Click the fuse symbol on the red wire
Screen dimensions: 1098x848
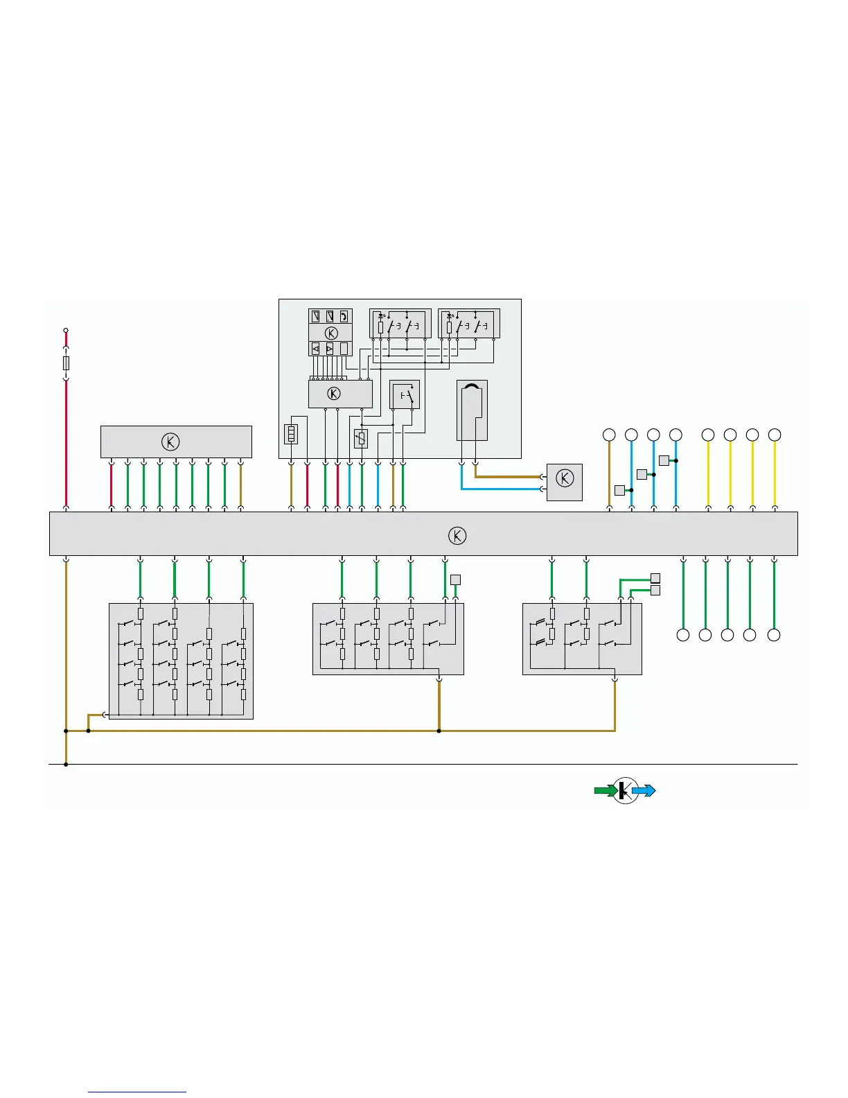[x=66, y=363]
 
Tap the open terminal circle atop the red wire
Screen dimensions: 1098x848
[x=66, y=331]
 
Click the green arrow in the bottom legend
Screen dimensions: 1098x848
[x=606, y=790]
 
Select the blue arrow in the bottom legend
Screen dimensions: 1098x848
[x=644, y=790]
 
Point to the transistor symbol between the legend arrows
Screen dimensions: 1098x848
[x=625, y=790]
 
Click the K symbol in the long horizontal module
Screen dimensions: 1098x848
[x=457, y=535]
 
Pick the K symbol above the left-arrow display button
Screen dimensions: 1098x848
[x=331, y=333]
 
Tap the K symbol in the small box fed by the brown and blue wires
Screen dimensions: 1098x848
[x=565, y=478]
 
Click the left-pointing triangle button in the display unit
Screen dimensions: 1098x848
[x=316, y=349]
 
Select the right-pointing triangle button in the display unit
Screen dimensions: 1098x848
[x=330, y=349]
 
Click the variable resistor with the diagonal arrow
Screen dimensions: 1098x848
[x=360, y=438]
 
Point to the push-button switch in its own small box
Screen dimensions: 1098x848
[x=405, y=395]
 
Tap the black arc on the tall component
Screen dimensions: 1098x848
[x=472, y=388]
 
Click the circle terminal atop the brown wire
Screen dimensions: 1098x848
[x=609, y=435]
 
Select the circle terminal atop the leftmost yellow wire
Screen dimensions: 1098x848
[x=707, y=435]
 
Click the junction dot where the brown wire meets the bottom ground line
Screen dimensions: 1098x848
[x=66, y=765]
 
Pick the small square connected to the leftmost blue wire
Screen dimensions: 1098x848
[x=619, y=491]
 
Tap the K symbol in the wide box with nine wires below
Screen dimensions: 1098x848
[x=170, y=442]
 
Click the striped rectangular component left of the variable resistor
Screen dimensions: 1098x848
[x=291, y=435]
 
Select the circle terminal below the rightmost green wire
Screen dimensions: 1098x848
[x=774, y=635]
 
